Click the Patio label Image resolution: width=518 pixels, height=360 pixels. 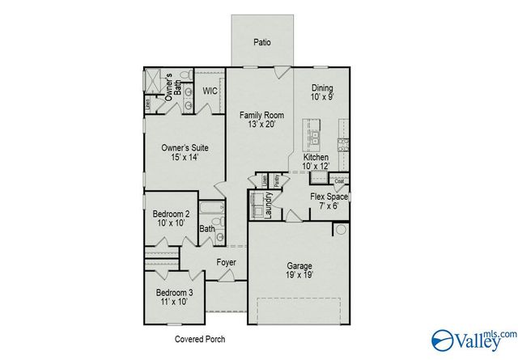[x=261, y=42]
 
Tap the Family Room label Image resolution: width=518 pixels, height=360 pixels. [x=261, y=121]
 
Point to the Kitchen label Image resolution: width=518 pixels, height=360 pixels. [x=316, y=161]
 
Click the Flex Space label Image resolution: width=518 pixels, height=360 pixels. [x=329, y=201]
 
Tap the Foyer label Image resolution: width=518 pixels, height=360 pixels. [x=226, y=263]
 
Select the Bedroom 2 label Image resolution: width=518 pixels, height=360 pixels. [x=171, y=218]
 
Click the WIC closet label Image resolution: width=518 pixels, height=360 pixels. [x=210, y=91]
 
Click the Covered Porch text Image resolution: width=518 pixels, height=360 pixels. [x=200, y=339]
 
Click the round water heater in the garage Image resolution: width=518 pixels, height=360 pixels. [x=342, y=230]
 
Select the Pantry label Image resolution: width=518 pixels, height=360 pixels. [x=277, y=182]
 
